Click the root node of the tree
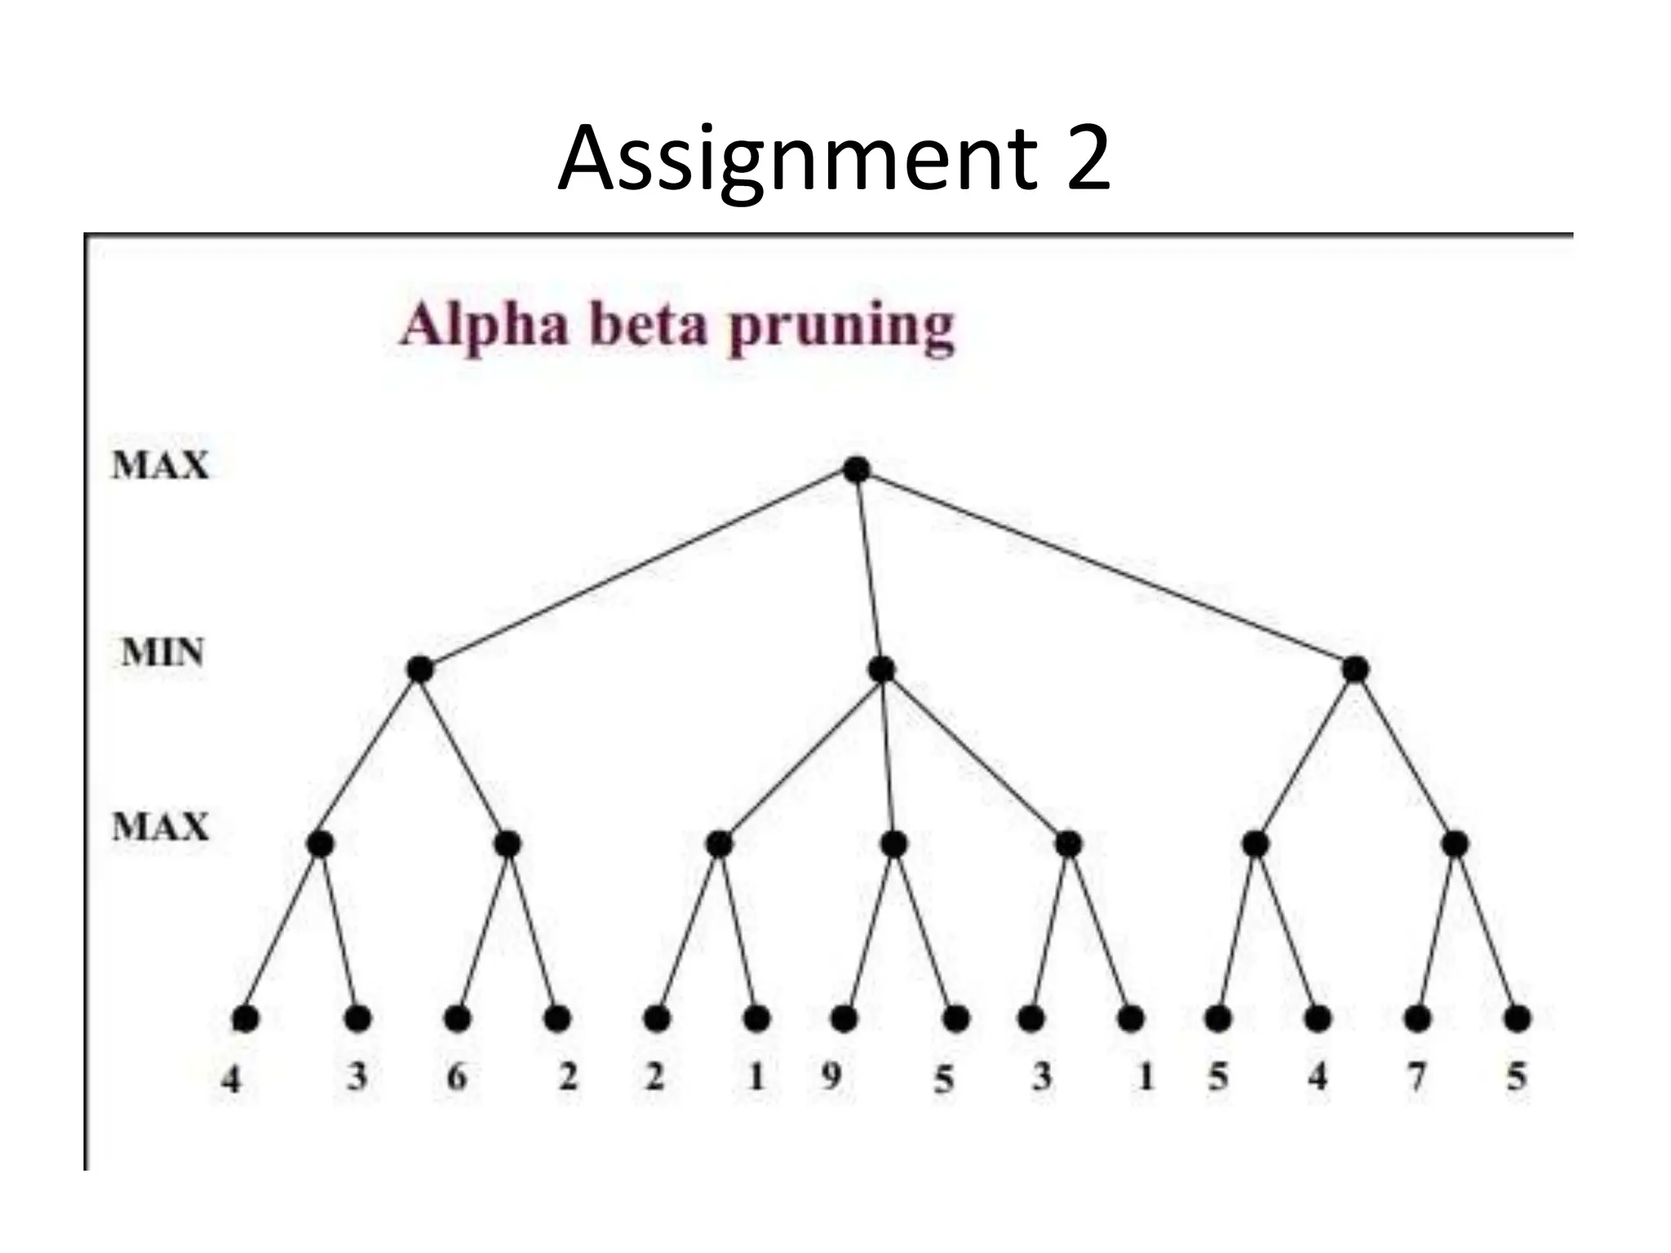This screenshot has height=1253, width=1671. [856, 470]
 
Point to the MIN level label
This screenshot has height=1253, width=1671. [162, 653]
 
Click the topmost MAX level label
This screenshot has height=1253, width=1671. [161, 465]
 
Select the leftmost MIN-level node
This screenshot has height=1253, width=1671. [419, 670]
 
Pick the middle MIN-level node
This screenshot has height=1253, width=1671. [881, 670]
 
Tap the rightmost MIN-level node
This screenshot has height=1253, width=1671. [1354, 670]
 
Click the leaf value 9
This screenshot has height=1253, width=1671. [831, 1077]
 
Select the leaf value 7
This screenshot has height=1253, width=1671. [1416, 1077]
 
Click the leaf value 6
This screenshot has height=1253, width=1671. [457, 1077]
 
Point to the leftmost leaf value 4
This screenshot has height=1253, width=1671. [232, 1080]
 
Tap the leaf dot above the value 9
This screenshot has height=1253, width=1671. [844, 1019]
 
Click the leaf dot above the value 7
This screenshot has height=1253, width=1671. [1417, 1019]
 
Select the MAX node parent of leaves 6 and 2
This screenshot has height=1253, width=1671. [508, 843]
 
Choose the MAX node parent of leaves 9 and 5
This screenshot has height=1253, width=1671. [894, 843]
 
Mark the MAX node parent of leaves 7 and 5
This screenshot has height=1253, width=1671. [1455, 843]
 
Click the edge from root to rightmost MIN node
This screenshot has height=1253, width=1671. [1106, 569]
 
